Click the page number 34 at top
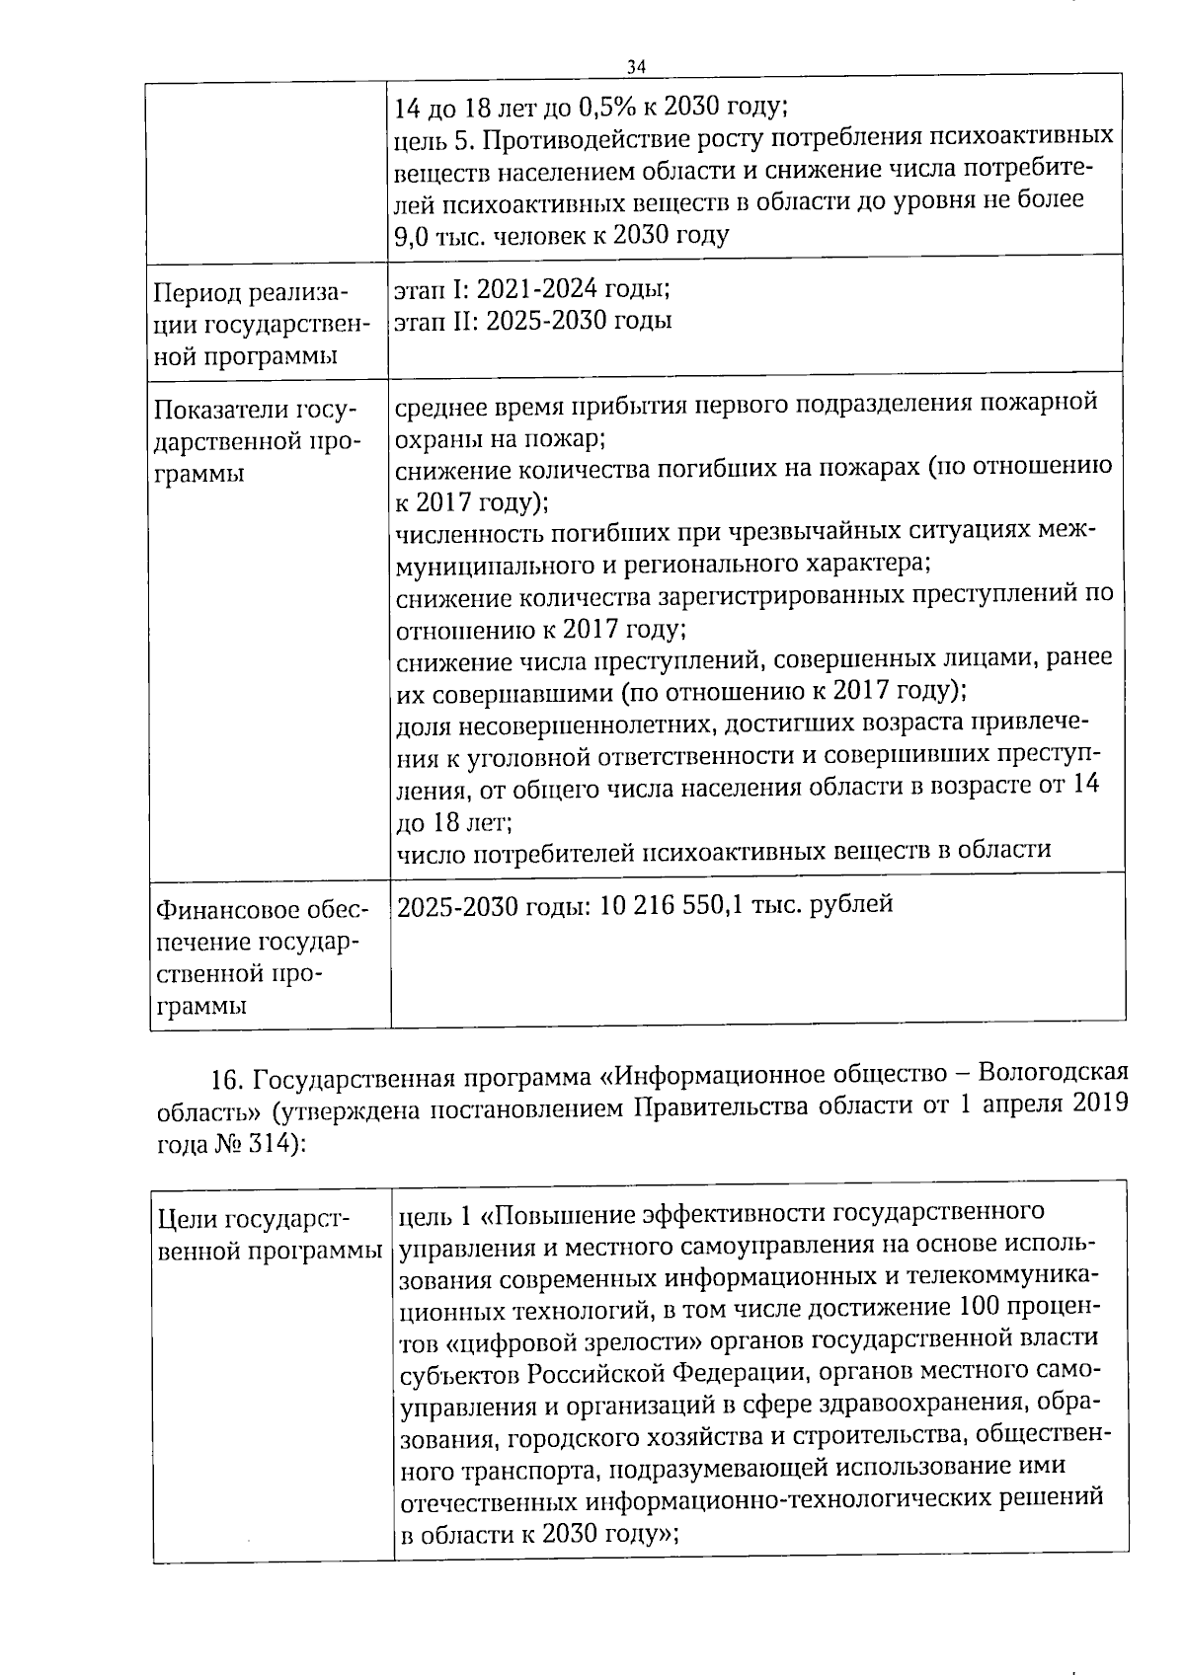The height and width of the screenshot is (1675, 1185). pyautogui.click(x=636, y=67)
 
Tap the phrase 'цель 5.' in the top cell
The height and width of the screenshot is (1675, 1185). pyautogui.click(x=436, y=139)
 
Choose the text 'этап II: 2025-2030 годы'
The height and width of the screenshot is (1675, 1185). pyautogui.click(x=533, y=322)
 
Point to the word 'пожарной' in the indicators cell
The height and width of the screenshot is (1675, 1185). pyautogui.click(x=1043, y=404)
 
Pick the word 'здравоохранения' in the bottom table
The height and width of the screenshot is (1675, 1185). pyautogui.click(x=926, y=1404)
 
